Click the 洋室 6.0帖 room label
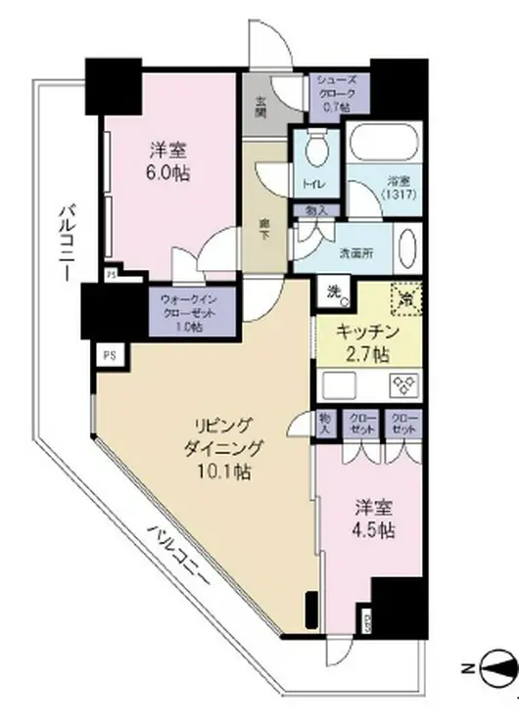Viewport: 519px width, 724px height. click(x=169, y=162)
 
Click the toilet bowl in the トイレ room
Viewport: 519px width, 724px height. click(x=315, y=154)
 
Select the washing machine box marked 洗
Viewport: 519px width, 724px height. click(x=333, y=291)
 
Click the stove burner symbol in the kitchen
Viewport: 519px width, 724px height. click(x=403, y=383)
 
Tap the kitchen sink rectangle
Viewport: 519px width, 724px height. click(x=339, y=383)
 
